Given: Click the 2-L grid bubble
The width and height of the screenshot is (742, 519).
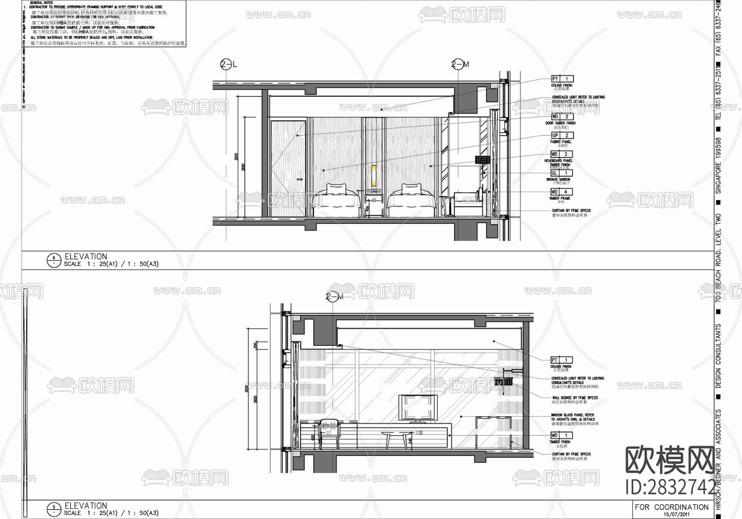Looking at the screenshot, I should click(225, 64).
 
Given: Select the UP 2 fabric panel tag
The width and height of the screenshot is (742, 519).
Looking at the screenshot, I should click(562, 136).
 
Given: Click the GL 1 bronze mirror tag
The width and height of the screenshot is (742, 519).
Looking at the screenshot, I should click(562, 173).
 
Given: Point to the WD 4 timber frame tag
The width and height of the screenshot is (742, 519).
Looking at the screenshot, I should click(562, 192).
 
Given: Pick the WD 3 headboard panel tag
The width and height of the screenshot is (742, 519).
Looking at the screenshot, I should click(562, 154).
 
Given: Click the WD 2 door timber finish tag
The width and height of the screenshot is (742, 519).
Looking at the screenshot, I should click(562, 117).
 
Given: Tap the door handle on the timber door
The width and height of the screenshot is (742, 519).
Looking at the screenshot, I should click(300, 179).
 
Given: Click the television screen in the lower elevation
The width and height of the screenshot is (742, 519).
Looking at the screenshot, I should click(417, 407).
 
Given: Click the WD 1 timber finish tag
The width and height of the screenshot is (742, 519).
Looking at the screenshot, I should click(561, 435).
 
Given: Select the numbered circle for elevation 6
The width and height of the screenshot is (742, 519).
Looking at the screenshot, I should click(54, 260).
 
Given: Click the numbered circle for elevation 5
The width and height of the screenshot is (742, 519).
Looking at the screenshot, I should click(54, 510).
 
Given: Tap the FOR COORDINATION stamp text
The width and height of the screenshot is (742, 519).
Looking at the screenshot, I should click(672, 507).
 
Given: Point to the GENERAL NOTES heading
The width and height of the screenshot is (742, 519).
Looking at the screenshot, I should click(42, 2).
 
